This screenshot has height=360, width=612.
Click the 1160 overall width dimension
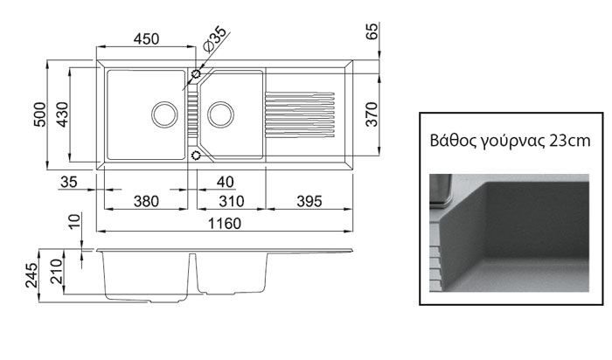coord(225,224)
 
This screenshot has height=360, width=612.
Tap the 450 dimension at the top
coord(146,39)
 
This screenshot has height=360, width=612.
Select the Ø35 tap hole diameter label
coord(214,39)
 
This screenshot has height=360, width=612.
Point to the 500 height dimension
coord(40,114)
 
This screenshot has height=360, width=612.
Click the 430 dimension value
coord(62,114)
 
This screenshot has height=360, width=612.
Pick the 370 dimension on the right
coord(372,114)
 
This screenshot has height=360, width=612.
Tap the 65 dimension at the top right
coord(372,31)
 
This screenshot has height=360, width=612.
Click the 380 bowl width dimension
coord(146,202)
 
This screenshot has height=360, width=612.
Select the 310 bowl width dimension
coord(232,202)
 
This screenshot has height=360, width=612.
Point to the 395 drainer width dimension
coord(309,202)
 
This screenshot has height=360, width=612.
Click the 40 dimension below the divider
coord(226,182)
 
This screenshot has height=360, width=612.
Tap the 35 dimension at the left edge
coord(69,182)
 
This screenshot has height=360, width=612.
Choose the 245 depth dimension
coord(31,275)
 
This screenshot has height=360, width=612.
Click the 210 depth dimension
coord(57,272)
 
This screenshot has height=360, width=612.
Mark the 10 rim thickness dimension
coord(75,221)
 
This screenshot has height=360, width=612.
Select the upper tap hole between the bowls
coord(196,73)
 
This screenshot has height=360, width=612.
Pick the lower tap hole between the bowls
coord(196,156)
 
